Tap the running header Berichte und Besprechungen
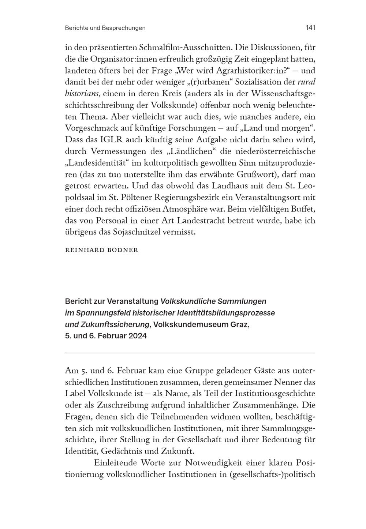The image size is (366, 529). (x=105, y=28)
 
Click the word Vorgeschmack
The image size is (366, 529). (x=91, y=128)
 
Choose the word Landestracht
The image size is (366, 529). (x=208, y=221)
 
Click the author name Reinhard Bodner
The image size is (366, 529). (x=101, y=250)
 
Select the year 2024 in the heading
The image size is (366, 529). (x=137, y=336)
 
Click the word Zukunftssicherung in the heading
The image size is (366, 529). (x=107, y=324)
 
